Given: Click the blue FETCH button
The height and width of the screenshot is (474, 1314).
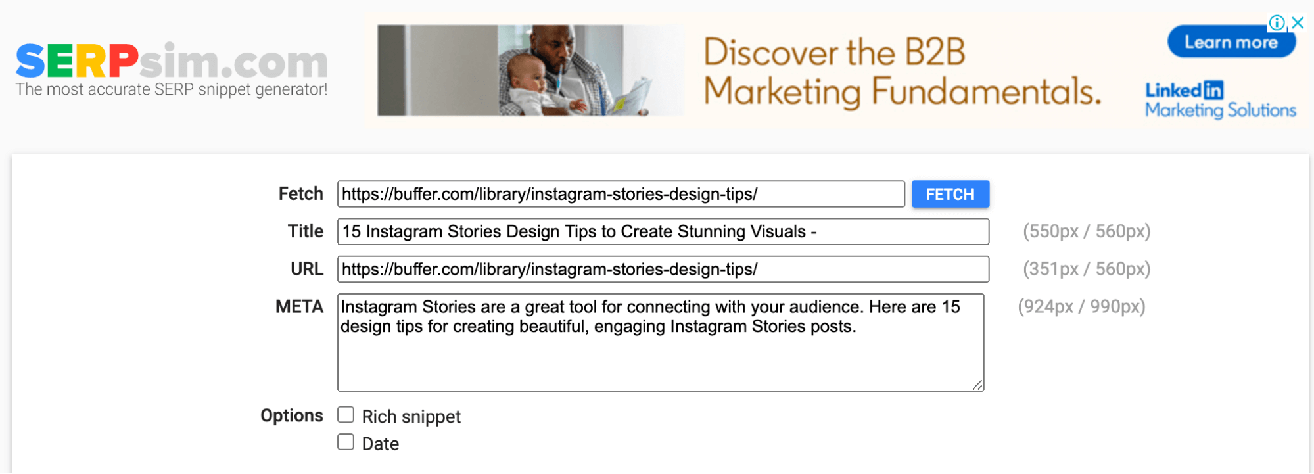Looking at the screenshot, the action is [950, 194].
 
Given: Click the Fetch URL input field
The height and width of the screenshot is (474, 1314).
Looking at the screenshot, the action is [621, 194].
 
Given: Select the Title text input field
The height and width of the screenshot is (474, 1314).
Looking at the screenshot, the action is [663, 231].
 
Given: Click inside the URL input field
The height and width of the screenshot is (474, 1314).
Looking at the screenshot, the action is [663, 269].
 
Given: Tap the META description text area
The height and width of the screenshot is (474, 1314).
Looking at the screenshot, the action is [661, 343].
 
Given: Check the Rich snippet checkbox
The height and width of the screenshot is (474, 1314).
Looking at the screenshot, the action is [346, 415].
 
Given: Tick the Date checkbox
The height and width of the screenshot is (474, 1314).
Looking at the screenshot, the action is [346, 442].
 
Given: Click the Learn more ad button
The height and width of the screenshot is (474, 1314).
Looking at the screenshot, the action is [1231, 42].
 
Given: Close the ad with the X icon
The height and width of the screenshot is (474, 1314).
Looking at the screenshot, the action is [1298, 23].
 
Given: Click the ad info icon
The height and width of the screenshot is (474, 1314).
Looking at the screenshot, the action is [1277, 23].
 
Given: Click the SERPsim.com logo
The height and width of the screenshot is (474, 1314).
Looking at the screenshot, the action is [172, 60].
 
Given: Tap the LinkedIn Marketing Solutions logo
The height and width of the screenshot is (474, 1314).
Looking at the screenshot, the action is [1221, 100].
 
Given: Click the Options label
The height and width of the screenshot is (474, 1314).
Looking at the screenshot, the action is [292, 415].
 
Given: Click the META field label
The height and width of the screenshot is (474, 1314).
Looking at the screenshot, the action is [300, 306].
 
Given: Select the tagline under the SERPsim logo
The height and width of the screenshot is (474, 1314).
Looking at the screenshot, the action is [172, 89].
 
